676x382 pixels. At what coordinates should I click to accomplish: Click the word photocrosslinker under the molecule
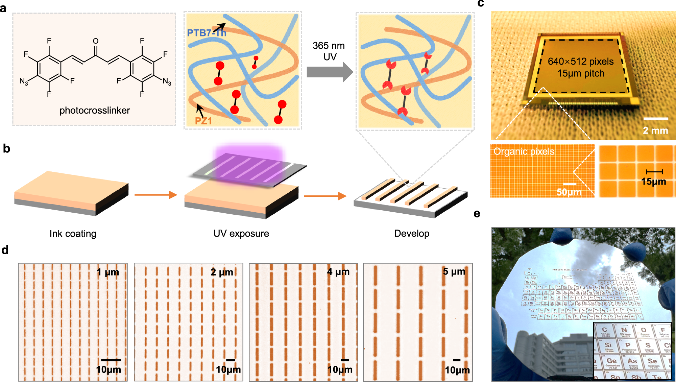(x=95, y=111)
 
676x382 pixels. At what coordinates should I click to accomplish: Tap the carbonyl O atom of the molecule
(x=96, y=41)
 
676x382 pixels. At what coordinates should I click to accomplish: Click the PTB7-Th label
(x=206, y=33)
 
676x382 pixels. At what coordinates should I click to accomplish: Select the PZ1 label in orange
(x=203, y=121)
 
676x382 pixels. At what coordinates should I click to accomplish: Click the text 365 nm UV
(x=329, y=51)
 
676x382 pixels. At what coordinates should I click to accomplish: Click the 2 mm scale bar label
(x=655, y=130)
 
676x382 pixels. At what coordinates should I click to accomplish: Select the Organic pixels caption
(x=524, y=151)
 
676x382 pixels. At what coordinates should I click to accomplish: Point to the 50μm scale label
(x=569, y=192)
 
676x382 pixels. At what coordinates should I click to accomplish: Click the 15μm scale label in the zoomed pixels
(x=653, y=182)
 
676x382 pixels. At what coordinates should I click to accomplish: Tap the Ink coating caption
(x=73, y=234)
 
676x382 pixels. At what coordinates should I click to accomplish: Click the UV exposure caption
(x=241, y=234)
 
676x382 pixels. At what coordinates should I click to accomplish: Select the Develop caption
(x=411, y=234)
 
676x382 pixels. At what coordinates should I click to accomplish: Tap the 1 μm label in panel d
(x=107, y=272)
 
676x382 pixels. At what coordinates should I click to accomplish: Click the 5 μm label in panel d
(x=454, y=271)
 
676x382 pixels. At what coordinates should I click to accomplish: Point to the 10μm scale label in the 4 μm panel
(x=340, y=369)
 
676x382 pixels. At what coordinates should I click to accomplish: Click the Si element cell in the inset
(x=608, y=345)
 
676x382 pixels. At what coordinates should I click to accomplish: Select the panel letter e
(x=477, y=214)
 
